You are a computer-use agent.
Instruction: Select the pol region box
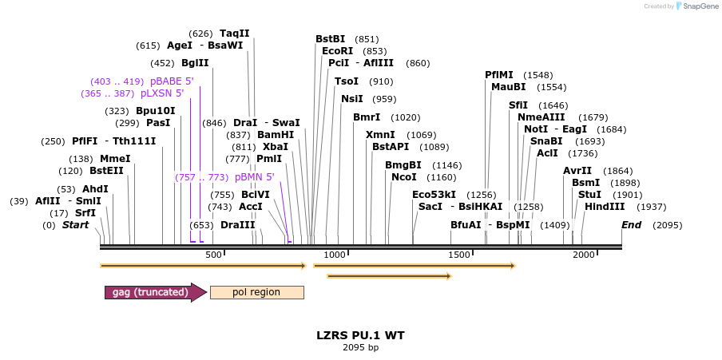pos(256,292)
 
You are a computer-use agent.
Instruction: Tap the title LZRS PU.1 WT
pos(360,335)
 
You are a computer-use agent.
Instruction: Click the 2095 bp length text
pos(360,347)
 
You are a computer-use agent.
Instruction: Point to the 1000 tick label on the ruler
pos(335,255)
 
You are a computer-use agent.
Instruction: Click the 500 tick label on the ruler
pos(214,255)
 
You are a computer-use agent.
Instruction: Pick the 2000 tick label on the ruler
pos(584,255)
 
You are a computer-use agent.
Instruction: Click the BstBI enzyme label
pos(330,39)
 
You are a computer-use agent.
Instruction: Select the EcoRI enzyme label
pos(337,51)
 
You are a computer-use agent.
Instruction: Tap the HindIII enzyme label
pos(605,207)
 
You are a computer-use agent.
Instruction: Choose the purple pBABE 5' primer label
pos(172,81)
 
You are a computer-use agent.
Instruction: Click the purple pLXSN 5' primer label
pos(162,93)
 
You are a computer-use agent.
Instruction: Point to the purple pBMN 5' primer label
pos(254,177)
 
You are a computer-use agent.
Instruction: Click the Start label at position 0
pos(75,225)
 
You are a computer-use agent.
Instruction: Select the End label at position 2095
pos(632,225)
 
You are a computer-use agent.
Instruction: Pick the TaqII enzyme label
pos(235,34)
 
